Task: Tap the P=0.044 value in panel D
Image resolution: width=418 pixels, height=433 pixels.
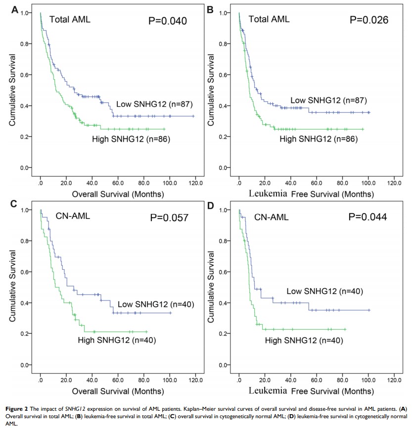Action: click(369, 217)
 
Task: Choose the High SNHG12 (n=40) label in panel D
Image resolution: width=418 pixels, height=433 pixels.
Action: click(304, 340)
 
